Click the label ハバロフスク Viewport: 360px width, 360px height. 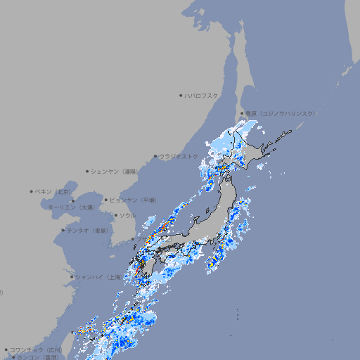(202, 95)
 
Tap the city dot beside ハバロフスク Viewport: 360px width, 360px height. (181, 95)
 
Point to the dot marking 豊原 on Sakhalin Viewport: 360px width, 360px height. (242, 113)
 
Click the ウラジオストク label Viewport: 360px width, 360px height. (179, 156)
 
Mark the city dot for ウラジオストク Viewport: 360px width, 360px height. (155, 156)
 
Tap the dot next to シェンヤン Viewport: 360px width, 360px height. (88, 171)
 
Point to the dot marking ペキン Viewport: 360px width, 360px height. (32, 191)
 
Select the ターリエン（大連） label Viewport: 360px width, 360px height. (71, 207)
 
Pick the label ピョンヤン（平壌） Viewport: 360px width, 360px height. (134, 200)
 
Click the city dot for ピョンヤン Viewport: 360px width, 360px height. (107, 200)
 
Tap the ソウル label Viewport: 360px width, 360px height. (127, 215)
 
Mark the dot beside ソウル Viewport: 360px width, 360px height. (115, 215)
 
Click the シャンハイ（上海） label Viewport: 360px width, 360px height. (98, 277)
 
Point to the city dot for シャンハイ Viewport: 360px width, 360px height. (72, 277)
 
